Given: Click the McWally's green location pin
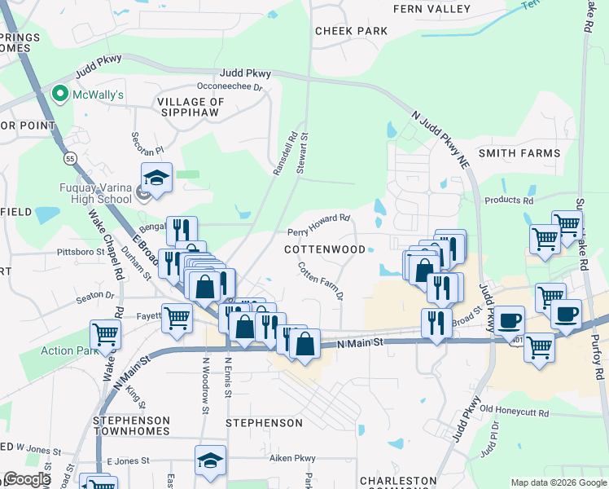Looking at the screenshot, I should click(59, 95).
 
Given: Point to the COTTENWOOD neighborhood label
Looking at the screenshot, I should click(324, 249).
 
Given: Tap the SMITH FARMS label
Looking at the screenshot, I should click(519, 152).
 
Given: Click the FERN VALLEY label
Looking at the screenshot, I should click(432, 9).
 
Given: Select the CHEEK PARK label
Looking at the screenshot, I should click(351, 31).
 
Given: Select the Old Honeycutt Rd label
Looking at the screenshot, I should click(515, 410).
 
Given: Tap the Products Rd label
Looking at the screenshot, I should click(509, 200).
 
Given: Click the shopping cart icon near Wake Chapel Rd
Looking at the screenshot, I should click(105, 332).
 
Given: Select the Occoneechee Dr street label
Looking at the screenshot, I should click(230, 86).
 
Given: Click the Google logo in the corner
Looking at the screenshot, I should click(26, 479).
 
